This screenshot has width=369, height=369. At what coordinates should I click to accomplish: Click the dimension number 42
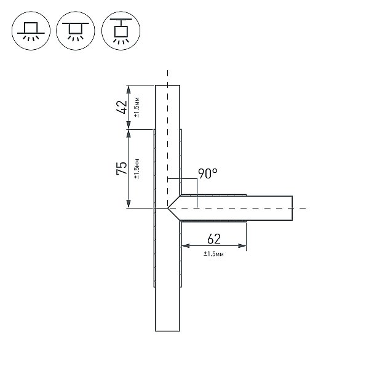pyautogui.click(x=122, y=107)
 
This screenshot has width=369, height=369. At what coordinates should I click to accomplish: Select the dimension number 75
pyautogui.click(x=122, y=168)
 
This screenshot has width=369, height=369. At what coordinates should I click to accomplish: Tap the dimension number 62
pyautogui.click(x=214, y=239)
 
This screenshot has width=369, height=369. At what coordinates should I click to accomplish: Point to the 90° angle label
pyautogui.click(x=208, y=173)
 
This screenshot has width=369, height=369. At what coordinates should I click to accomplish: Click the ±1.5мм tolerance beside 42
pyautogui.click(x=137, y=107)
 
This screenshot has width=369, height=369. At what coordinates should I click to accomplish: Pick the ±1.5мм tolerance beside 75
pyautogui.click(x=137, y=169)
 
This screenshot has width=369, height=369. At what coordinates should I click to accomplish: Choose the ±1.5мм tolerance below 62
pyautogui.click(x=213, y=253)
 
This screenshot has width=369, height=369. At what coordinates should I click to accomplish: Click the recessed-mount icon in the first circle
pyautogui.click(x=31, y=31)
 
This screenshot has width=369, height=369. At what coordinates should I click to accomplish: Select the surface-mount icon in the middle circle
pyautogui.click(x=76, y=31)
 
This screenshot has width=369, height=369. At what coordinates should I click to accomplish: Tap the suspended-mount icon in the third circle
pyautogui.click(x=121, y=31)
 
